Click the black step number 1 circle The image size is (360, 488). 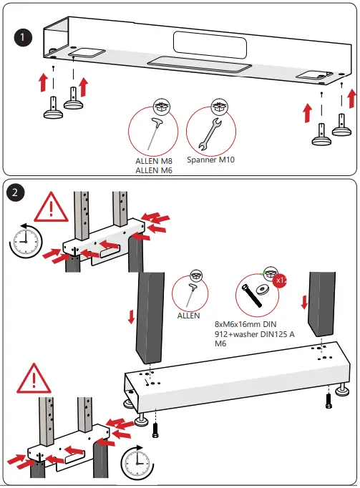tap(23, 38)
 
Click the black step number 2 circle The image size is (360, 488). tap(15, 192)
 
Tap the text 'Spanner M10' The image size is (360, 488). tap(211, 160)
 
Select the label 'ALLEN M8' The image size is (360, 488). tap(154, 161)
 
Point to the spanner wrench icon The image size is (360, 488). tap(210, 134)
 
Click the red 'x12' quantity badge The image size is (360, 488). tap(281, 280)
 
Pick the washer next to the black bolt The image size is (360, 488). tap(262, 289)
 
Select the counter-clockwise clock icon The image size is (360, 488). tap(26, 241)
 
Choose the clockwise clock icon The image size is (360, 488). tap(137, 462)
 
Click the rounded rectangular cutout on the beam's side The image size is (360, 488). tap(210, 45)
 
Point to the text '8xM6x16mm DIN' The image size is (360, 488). tap(245, 324)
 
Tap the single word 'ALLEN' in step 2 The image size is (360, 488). tap(188, 316)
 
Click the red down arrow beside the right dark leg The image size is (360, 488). tap(304, 302)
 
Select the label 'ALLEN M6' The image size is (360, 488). tap(154, 170)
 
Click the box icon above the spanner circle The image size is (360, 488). tap(220, 107)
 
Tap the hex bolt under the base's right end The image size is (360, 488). tap(329, 401)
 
